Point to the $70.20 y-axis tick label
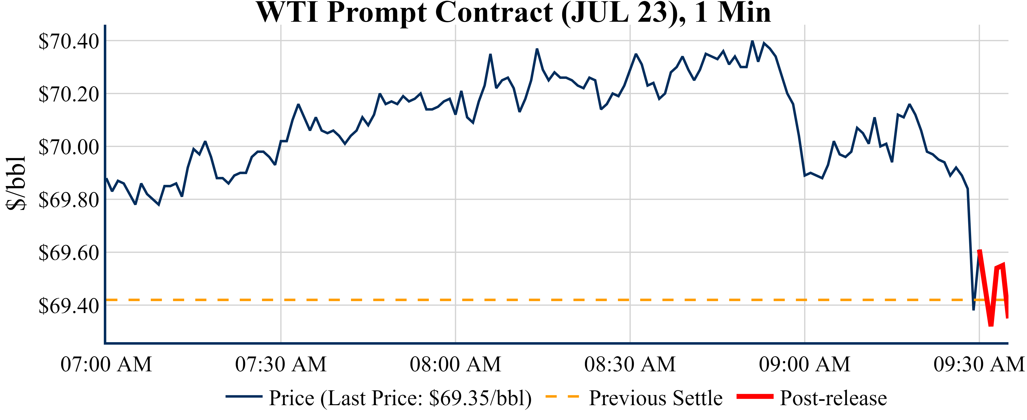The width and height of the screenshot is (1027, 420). pyautogui.click(x=68, y=94)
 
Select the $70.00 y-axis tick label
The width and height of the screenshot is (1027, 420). pyautogui.click(x=68, y=147)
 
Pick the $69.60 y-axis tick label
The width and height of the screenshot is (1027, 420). pyautogui.click(x=68, y=253)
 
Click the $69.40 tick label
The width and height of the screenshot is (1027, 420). pyautogui.click(x=68, y=306)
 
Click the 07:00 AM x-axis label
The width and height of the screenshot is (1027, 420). pyautogui.click(x=106, y=364)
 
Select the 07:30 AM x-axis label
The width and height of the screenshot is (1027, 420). pyautogui.click(x=281, y=364)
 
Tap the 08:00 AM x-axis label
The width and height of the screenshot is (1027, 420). pyautogui.click(x=455, y=364)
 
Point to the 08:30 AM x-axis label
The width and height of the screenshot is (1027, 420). pyautogui.click(x=630, y=364)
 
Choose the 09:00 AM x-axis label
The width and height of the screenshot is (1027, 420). pyautogui.click(x=805, y=364)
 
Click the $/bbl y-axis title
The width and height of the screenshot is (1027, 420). pyautogui.click(x=16, y=183)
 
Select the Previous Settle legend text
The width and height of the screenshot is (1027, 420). pyautogui.click(x=656, y=398)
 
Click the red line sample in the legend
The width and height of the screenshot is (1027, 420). pyautogui.click(x=755, y=397)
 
